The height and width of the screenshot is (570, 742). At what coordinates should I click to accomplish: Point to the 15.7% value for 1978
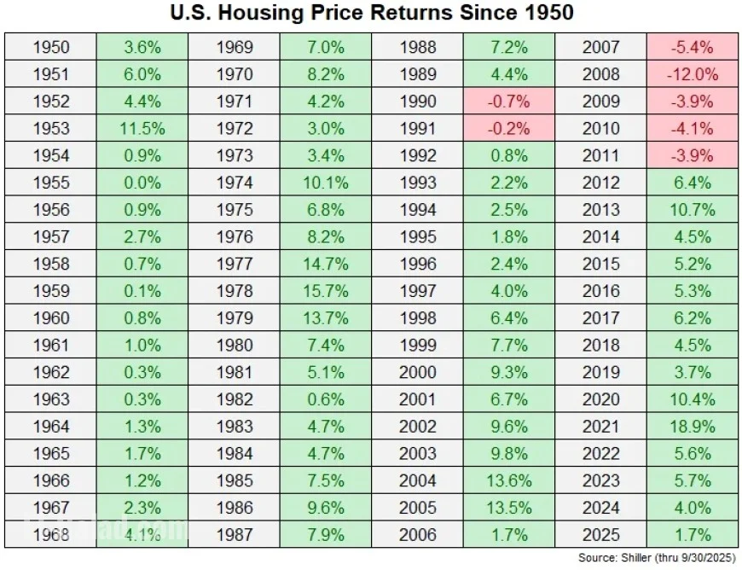pyautogui.click(x=326, y=291)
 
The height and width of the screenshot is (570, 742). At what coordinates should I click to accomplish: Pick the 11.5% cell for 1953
pyautogui.click(x=142, y=128)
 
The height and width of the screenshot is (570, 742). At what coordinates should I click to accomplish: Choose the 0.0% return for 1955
pyautogui.click(x=142, y=183)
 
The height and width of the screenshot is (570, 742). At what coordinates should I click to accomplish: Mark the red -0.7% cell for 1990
pyautogui.click(x=509, y=102)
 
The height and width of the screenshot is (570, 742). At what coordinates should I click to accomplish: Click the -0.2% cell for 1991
pyautogui.click(x=509, y=128)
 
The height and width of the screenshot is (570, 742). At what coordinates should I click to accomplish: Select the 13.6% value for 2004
pyautogui.click(x=509, y=481)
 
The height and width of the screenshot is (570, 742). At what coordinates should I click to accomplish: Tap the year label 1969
pyautogui.click(x=235, y=47)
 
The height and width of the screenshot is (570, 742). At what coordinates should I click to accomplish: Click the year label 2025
pyautogui.click(x=601, y=535)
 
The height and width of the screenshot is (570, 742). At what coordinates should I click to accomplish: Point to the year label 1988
pyautogui.click(x=418, y=47)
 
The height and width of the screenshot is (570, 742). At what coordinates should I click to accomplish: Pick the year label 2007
pyautogui.click(x=601, y=47)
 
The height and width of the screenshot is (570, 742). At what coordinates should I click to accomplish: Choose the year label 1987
pyautogui.click(x=235, y=535)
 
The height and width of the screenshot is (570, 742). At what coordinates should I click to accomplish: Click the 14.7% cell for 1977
pyautogui.click(x=326, y=264)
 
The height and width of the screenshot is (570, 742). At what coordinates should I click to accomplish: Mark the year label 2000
pyautogui.click(x=418, y=372)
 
